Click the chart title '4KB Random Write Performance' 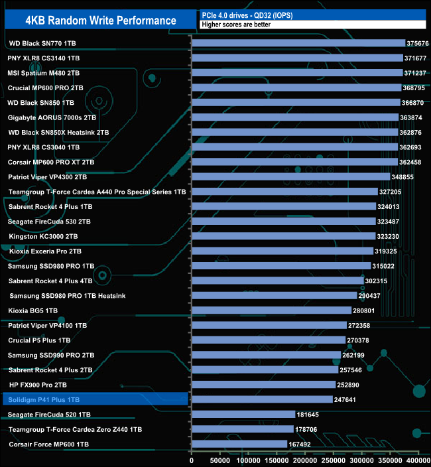[101, 21]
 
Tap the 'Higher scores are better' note [235, 25]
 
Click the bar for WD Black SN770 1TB [298, 43]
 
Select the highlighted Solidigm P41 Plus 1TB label [45, 400]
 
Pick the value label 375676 [419, 43]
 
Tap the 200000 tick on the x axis [305, 460]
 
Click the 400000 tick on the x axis [418, 460]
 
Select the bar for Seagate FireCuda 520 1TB [243, 415]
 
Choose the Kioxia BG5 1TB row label [33, 310]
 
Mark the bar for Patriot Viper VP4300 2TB [290, 177]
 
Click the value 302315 [379, 281]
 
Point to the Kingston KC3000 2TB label [43, 236]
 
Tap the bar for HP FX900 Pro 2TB [263, 385]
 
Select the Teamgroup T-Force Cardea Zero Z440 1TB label [75, 429]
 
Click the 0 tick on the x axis [192, 460]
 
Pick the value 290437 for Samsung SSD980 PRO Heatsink [372, 296]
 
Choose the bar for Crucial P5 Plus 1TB [268, 340]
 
